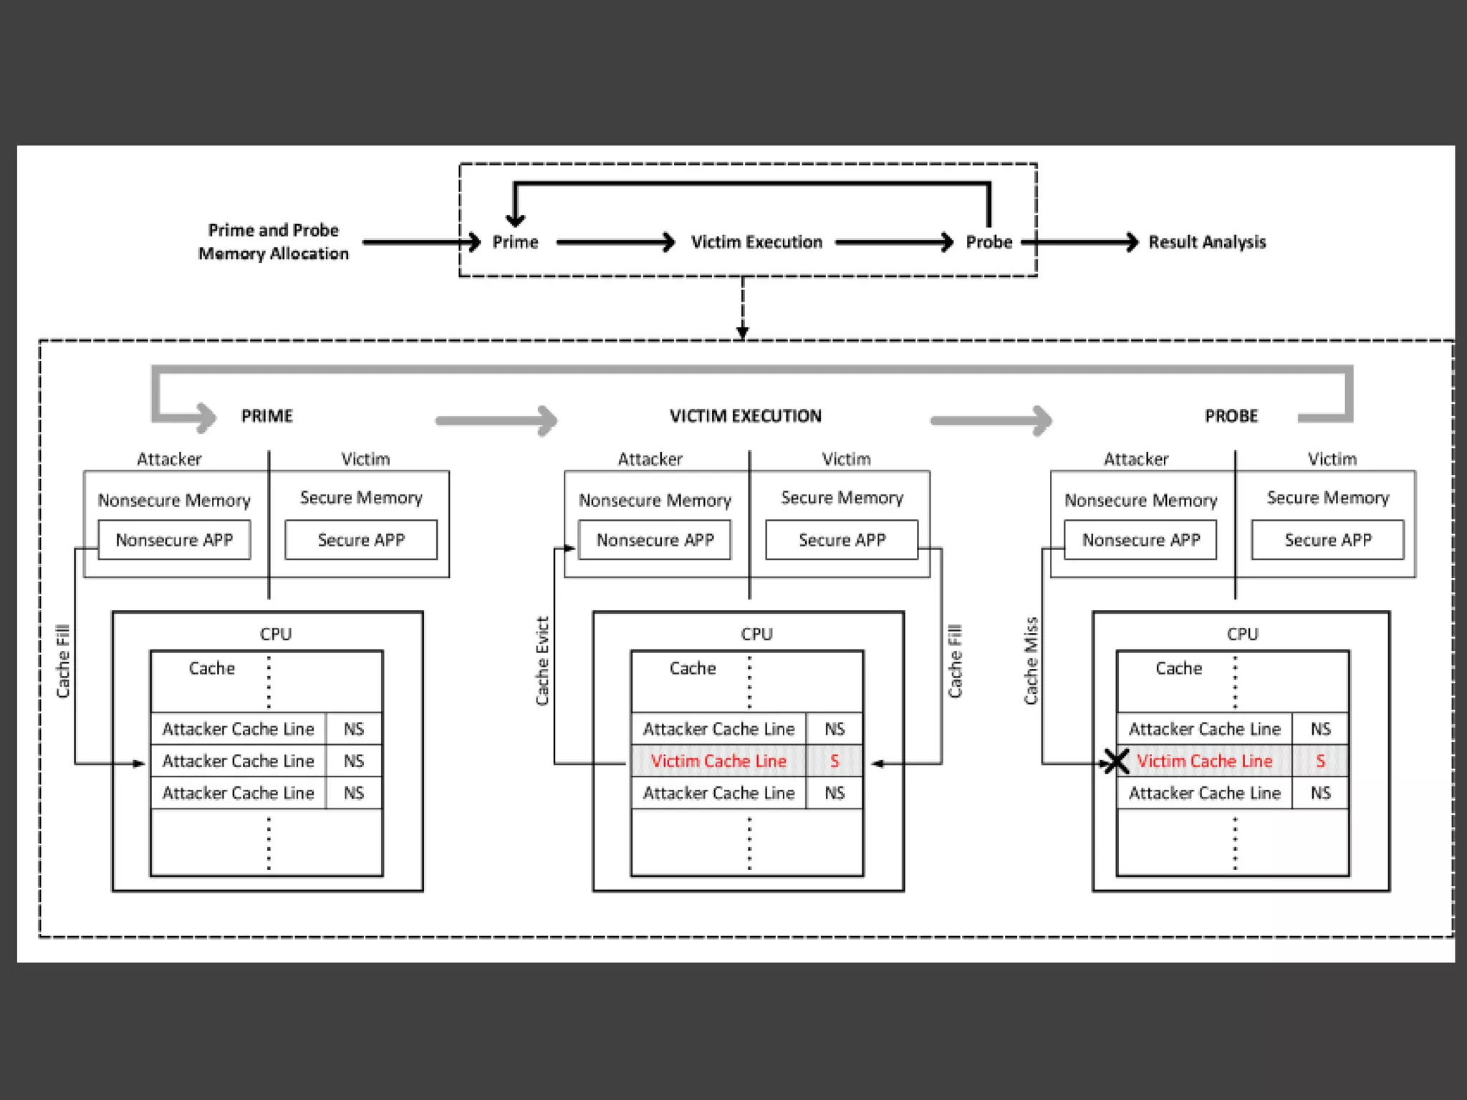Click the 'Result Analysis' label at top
pyautogui.click(x=1207, y=242)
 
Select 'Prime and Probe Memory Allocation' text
pyautogui.click(x=273, y=242)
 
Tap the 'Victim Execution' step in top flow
pyautogui.click(x=756, y=242)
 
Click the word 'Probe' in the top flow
pyautogui.click(x=989, y=242)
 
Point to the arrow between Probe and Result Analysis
pyautogui.click(x=1082, y=242)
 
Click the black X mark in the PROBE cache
pyautogui.click(x=1115, y=762)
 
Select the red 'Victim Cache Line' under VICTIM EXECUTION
pyautogui.click(x=718, y=761)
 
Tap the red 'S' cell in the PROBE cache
pyautogui.click(x=1320, y=761)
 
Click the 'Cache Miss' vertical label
pyautogui.click(x=1031, y=660)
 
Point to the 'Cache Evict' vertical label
pyautogui.click(x=542, y=660)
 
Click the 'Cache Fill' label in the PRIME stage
pyautogui.click(x=63, y=660)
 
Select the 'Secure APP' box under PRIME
pyautogui.click(x=361, y=540)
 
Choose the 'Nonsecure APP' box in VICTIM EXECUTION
pyautogui.click(x=655, y=540)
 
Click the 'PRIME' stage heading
pyautogui.click(x=266, y=416)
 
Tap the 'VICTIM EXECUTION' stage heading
pyautogui.click(x=746, y=416)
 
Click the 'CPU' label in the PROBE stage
pyautogui.click(x=1242, y=634)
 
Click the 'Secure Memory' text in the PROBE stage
pyautogui.click(x=1327, y=498)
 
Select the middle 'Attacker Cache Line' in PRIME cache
pyautogui.click(x=238, y=761)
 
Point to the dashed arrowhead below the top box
pyautogui.click(x=743, y=332)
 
